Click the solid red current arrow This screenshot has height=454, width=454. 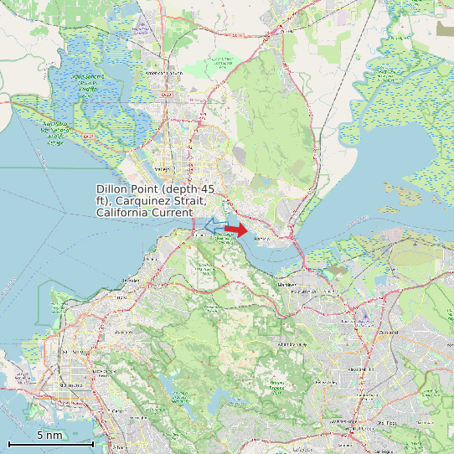click(x=235, y=229)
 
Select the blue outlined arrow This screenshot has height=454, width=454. click(x=213, y=225)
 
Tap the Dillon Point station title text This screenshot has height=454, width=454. click(x=156, y=201)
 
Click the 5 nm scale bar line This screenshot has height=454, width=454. click(x=50, y=443)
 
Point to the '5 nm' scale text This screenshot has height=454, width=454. click(x=49, y=435)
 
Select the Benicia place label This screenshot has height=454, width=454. click(x=261, y=239)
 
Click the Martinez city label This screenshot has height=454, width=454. click(x=287, y=285)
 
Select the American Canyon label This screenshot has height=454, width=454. click(x=163, y=74)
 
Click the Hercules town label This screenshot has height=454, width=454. click(x=152, y=260)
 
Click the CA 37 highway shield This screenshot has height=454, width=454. click(x=166, y=95)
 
